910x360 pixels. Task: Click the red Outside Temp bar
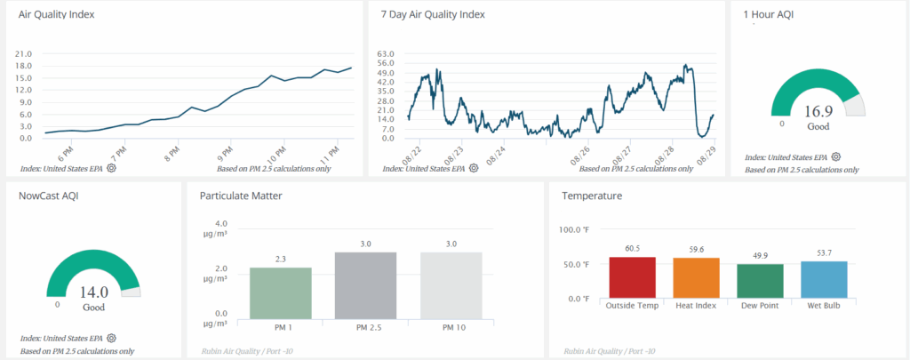click(632, 276)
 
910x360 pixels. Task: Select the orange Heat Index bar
click(696, 277)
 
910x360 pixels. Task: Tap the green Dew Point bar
click(760, 280)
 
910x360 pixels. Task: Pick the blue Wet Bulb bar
click(824, 279)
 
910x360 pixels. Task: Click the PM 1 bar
click(281, 292)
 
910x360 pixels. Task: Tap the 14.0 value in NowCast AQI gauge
click(93, 291)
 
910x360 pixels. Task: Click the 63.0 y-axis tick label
click(386, 53)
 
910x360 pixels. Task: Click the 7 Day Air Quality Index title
click(433, 15)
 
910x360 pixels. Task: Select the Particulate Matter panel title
click(241, 196)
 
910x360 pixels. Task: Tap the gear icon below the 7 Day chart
click(474, 168)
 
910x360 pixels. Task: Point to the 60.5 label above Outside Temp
click(632, 250)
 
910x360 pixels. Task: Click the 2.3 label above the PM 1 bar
click(281, 260)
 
